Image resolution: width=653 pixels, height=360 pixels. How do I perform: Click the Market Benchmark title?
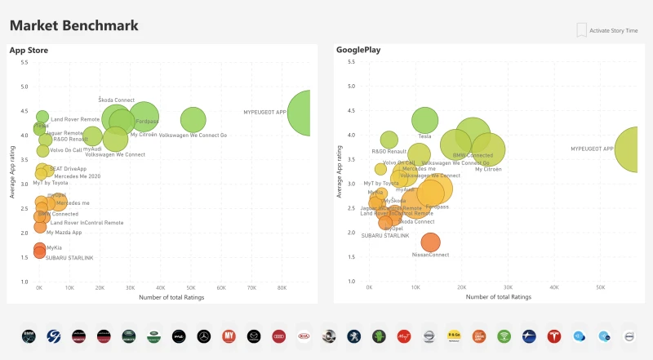74,25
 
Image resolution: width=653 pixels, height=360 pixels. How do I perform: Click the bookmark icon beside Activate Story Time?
581,30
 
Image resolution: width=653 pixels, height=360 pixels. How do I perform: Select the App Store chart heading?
29,51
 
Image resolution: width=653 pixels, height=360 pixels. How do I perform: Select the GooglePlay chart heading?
358,51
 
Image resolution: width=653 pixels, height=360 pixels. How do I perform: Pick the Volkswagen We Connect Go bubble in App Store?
193,120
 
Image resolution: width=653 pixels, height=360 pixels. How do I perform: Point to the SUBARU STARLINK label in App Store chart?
69,258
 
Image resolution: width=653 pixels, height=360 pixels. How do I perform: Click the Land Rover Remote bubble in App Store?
42,117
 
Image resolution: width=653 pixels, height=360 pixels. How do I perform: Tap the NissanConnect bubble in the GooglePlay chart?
430,242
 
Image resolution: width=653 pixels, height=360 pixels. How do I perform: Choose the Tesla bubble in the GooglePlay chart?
424,120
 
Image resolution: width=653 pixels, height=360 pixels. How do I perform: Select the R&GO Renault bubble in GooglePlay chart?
389,140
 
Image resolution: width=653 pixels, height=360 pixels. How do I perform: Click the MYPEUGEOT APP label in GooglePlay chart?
592,149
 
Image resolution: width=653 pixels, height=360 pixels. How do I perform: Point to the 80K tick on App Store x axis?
282,288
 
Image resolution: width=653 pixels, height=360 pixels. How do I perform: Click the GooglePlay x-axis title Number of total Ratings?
499,297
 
